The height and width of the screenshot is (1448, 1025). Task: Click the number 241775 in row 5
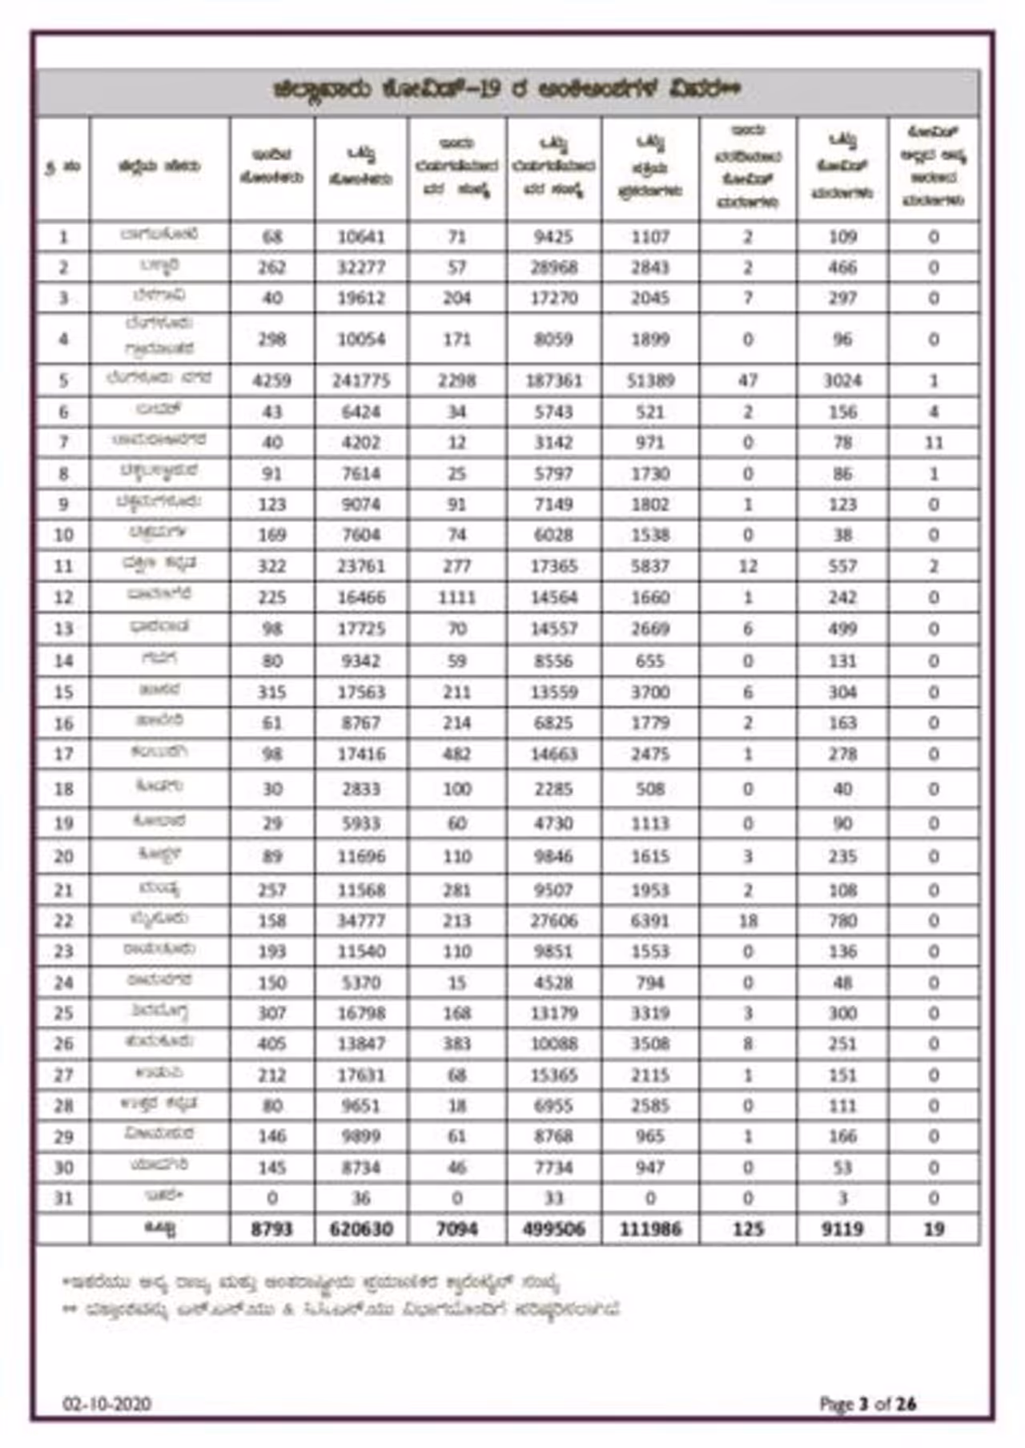pos(361,380)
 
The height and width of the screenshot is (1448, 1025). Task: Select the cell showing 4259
pos(272,380)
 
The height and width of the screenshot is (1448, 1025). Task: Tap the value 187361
pos(553,380)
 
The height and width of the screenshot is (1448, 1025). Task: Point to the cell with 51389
pos(650,380)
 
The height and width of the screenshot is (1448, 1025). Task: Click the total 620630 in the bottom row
pos(361,1229)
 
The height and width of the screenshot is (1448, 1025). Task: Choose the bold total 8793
pos(272,1229)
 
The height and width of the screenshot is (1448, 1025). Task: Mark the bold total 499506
pos(553,1229)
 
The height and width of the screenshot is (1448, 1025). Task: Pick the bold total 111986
pos(650,1229)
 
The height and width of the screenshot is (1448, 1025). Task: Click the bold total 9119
pos(842,1229)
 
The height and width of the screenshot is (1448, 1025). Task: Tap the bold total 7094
pos(456,1229)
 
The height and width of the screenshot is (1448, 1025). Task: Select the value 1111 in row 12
pos(456,597)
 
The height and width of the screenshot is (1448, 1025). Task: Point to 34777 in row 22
pos(361,921)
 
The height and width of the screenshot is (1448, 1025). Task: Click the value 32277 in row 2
pos(361,267)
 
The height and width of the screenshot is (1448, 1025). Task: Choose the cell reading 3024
pos(842,380)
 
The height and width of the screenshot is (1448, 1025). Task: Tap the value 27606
pos(553,921)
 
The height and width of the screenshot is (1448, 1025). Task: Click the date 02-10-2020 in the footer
pos(107,1404)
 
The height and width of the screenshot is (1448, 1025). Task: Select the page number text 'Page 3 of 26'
pos(867,1404)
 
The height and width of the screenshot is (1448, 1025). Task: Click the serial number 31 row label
pos(63,1199)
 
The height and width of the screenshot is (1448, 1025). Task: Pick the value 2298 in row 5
pos(456,380)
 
